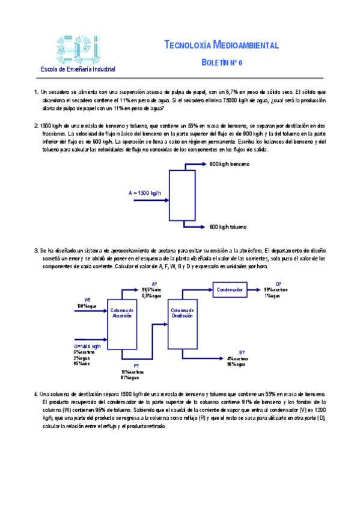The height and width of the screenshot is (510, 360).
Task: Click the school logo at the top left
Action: point(76,48)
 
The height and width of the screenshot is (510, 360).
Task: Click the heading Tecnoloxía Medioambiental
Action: point(221,46)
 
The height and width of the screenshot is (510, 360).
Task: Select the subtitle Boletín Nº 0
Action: point(222,62)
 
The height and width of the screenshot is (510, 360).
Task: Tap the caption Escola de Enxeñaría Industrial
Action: point(78,69)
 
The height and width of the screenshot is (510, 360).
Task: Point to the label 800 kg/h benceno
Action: point(229,164)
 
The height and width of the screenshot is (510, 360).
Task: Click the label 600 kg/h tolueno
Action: point(228,227)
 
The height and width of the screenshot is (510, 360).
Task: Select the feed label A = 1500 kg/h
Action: point(145,193)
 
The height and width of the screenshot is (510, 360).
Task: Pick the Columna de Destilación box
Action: point(182,312)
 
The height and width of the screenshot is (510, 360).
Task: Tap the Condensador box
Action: point(230,289)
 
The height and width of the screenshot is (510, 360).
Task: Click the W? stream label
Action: point(87,300)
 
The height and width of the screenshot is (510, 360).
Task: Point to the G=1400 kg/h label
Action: point(87,347)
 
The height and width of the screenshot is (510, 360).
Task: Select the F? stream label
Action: point(136,365)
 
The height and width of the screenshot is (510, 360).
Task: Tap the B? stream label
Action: point(241,352)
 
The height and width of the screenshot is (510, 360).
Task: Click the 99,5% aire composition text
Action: point(152,290)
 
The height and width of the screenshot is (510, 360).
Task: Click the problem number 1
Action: point(36,92)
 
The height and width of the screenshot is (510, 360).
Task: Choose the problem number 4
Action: point(36,394)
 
